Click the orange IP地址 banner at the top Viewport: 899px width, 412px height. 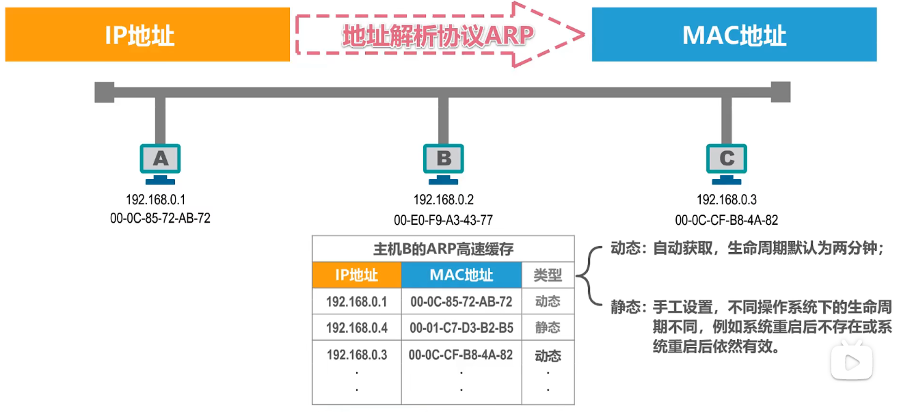[x=147, y=35]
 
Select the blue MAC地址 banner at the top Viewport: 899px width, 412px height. [x=734, y=35]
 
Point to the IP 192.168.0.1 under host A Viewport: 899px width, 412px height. [x=156, y=200]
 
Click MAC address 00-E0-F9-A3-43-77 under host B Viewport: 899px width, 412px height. [x=443, y=220]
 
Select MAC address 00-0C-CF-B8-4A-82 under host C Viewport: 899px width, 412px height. [x=726, y=220]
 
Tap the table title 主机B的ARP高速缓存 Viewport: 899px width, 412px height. [x=443, y=249]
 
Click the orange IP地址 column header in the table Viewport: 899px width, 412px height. [x=356, y=275]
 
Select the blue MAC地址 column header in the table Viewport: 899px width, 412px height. [x=461, y=275]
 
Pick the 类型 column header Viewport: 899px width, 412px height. [x=548, y=275]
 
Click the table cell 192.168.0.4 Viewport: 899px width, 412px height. [x=356, y=328]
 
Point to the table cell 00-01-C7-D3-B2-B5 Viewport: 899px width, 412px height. [x=461, y=328]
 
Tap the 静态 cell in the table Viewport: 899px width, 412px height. [x=548, y=328]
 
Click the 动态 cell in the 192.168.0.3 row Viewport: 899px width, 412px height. [x=548, y=356]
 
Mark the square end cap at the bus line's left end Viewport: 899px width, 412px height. [x=105, y=92]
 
